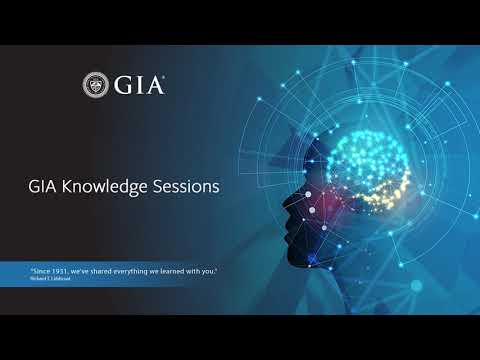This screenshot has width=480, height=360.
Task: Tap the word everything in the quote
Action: [130, 270]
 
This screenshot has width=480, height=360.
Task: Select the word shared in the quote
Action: [100, 270]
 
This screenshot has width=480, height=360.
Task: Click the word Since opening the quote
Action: [38, 270]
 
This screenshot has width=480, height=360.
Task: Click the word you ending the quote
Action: [207, 270]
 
